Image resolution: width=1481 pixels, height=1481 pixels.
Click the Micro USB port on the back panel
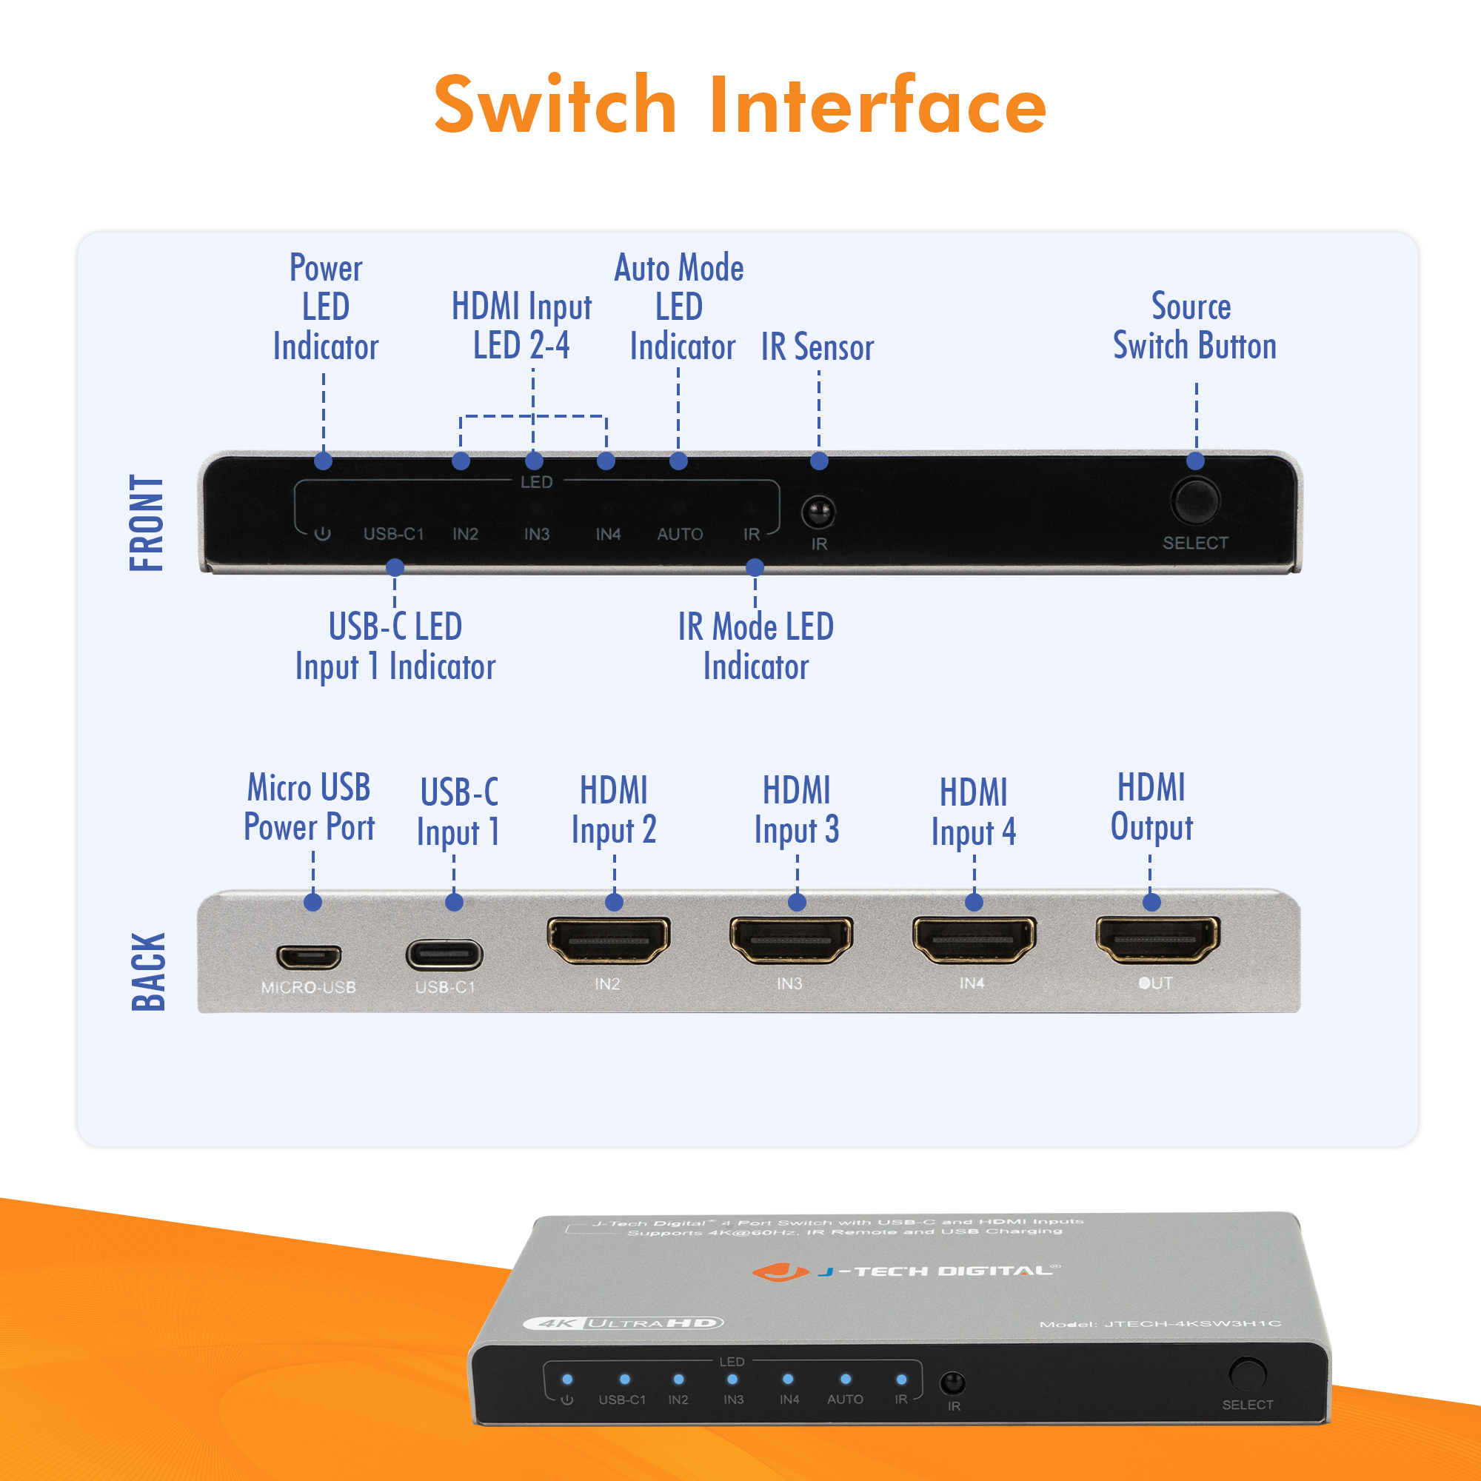(x=309, y=956)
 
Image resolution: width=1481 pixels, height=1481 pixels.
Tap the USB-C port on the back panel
(x=444, y=955)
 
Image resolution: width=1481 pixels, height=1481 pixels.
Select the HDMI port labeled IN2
(x=609, y=940)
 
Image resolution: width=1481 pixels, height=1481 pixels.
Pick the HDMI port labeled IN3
(x=791, y=940)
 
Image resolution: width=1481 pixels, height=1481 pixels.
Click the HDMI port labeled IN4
(x=974, y=940)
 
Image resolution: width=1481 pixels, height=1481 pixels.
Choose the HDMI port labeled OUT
(x=1157, y=940)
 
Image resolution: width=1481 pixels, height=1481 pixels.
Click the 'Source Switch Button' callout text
(x=1194, y=326)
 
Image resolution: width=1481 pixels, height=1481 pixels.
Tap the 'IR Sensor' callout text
(x=818, y=347)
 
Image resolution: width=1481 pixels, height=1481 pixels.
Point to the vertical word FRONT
(x=147, y=523)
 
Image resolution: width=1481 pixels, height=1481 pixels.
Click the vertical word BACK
(x=148, y=972)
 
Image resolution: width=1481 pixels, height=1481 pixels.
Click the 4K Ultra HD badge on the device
(x=624, y=1323)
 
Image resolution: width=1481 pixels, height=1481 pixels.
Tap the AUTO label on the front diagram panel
(x=680, y=535)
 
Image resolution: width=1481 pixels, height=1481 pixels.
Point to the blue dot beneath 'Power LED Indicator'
(x=324, y=461)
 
